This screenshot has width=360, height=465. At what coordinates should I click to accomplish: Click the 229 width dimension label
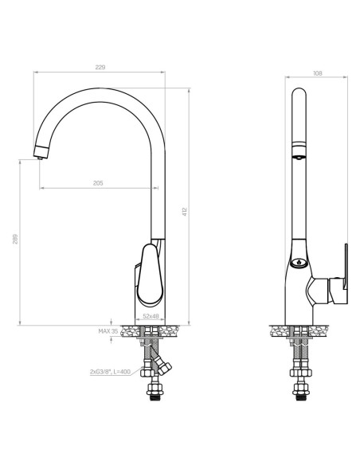[x=100, y=68]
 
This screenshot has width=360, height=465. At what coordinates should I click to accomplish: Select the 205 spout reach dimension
[x=98, y=183]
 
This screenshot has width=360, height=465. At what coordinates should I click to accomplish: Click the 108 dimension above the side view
[x=317, y=73]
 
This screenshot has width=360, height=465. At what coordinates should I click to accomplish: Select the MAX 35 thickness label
[x=108, y=330]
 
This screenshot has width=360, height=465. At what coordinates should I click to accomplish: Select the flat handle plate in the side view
[x=343, y=268]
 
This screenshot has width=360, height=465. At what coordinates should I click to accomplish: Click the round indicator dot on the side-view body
[x=299, y=263]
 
